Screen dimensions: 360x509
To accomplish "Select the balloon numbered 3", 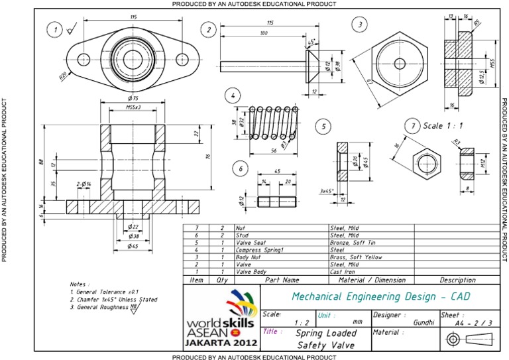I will click(359, 25).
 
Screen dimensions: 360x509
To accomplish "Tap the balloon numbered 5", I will click(322, 126).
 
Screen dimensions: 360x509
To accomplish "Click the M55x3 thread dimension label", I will click(135, 108).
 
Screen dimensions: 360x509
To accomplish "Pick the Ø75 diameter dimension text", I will click(135, 98).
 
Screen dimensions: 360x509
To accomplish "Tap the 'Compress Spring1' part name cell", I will click(258, 249).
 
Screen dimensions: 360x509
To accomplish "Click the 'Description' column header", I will click(457, 280).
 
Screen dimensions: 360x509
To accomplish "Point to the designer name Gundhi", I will click(423, 322).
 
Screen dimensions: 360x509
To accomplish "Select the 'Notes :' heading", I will click(80, 283).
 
